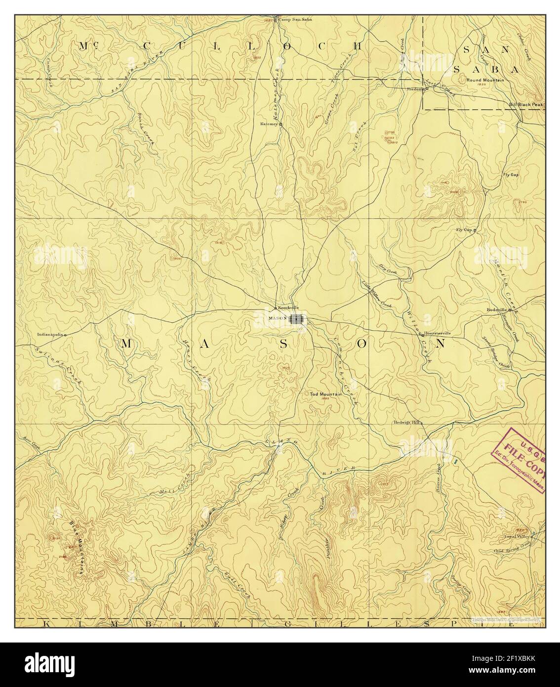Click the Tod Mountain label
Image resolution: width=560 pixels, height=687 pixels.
pyautogui.click(x=326, y=394)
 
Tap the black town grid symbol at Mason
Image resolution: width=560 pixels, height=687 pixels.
pyautogui.click(x=296, y=319)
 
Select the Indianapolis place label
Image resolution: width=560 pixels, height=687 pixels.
pyautogui.click(x=50, y=335)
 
